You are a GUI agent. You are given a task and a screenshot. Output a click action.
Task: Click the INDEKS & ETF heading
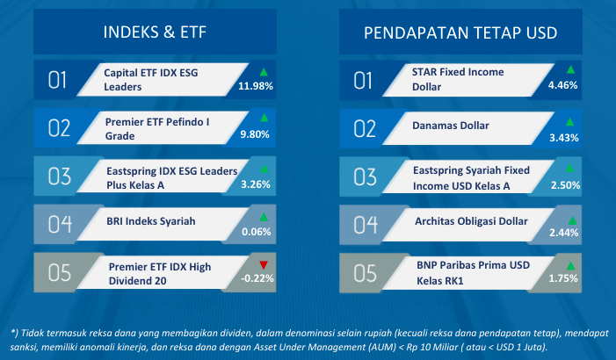point(155,32)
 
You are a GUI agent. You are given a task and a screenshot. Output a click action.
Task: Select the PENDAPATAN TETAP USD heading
point(460,33)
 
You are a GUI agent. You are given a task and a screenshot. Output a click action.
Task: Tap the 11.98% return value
point(256,86)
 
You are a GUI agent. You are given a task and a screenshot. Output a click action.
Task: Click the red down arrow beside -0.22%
point(264,265)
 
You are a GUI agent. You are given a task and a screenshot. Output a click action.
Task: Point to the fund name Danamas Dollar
point(451,126)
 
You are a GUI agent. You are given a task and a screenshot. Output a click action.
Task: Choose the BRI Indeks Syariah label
point(151,221)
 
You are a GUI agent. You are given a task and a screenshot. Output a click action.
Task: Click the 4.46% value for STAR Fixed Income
point(562,85)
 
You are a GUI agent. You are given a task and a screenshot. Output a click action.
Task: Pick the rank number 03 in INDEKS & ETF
point(60,176)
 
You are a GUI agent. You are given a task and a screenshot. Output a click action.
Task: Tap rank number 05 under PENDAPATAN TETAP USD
point(365,273)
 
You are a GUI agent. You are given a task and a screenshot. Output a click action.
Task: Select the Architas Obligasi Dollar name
point(471,221)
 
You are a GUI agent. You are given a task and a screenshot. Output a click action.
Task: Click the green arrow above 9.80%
point(264,118)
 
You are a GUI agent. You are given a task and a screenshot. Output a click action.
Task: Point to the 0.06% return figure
point(256,232)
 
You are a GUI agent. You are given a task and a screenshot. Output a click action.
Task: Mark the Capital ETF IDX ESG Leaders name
point(151,80)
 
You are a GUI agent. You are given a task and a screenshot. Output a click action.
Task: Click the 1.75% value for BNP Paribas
point(563,278)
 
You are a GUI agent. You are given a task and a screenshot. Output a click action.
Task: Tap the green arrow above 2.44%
point(572,220)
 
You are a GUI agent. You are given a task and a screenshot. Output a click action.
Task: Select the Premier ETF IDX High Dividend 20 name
point(160,274)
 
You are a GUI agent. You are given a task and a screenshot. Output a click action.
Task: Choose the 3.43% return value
point(564,138)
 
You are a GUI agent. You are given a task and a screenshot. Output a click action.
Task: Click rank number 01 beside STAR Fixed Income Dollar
point(362,81)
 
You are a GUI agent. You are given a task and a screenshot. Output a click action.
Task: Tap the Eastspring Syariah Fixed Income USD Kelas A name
point(471,178)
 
